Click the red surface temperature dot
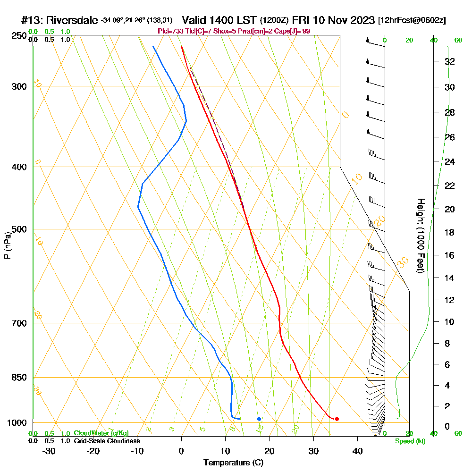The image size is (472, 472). point(337,419)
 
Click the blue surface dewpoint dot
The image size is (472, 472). point(259,419)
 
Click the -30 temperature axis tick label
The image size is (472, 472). point(49,451)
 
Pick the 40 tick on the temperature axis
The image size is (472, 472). point(357,451)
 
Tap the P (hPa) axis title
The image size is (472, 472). point(7,245)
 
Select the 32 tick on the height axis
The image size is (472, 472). point(450,61)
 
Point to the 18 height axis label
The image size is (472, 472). point(450,232)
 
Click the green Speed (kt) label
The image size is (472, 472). point(410,441)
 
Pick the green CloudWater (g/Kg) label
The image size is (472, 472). point(101,433)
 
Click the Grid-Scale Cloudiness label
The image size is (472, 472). point(107,441)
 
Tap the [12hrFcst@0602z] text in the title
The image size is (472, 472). point(412,21)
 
